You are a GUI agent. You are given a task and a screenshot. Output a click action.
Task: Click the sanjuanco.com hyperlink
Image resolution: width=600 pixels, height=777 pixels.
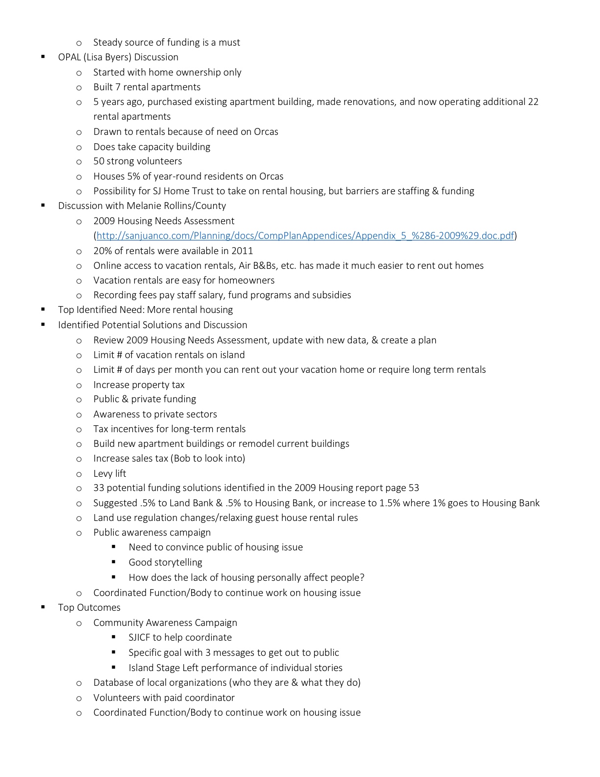305,236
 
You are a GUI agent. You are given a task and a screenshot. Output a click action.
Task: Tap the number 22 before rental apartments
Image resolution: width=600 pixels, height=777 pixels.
533,102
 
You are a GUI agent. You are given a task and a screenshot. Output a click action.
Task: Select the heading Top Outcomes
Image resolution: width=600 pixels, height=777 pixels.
89,608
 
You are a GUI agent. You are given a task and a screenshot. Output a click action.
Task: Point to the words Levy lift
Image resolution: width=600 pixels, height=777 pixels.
110,474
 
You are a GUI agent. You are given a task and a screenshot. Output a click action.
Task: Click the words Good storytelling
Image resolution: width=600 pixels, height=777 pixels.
165,563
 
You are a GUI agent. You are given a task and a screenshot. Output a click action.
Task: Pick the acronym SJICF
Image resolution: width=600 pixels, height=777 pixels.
139,638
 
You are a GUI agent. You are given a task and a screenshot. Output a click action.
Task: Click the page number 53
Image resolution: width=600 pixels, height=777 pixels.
414,488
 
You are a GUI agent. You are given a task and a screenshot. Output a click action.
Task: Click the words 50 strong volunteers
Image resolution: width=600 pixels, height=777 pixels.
138,161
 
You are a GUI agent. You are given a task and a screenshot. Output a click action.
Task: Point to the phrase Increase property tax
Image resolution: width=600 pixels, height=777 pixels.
139,385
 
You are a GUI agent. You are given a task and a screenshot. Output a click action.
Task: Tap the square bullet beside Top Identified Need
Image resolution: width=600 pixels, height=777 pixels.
43,310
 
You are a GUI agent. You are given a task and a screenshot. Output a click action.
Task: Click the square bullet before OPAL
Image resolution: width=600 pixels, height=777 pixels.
43,57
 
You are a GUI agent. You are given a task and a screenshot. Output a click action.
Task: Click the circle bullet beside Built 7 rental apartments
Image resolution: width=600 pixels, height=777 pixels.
79,88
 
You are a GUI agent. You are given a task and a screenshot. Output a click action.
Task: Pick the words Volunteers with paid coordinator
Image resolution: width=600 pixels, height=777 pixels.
164,698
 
